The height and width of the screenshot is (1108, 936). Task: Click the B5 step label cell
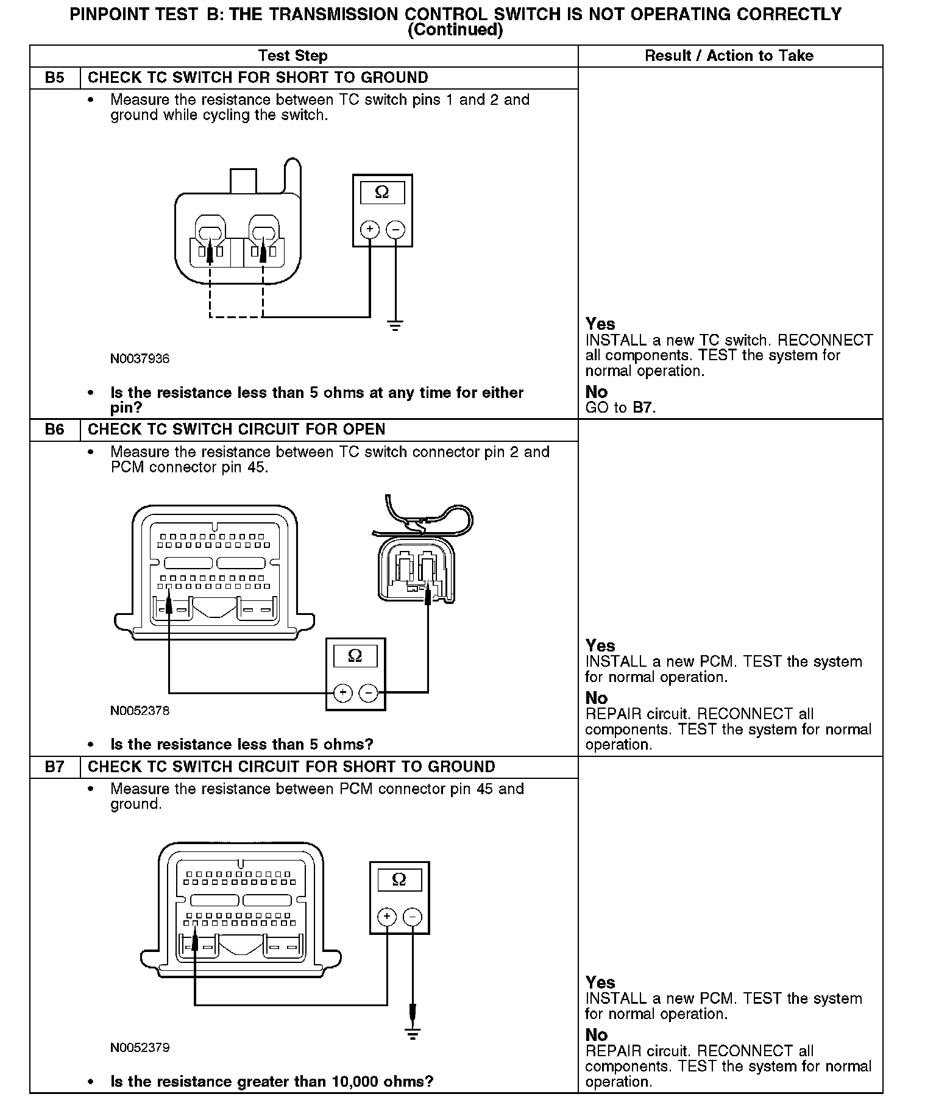point(55,78)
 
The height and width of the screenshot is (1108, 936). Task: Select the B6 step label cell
point(55,430)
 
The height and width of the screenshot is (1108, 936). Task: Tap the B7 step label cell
point(55,767)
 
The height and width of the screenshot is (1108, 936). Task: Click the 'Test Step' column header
point(292,56)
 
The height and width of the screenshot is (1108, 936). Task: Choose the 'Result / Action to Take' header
point(729,56)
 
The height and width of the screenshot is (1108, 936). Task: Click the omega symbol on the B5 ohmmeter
point(382,193)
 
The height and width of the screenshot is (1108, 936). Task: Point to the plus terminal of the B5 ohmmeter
point(370,230)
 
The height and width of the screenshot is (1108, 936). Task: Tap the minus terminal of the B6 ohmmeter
point(368,692)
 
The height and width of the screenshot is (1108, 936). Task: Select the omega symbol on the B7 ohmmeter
point(399,879)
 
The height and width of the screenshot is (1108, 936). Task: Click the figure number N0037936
point(140,359)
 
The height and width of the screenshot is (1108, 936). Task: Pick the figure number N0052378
point(140,711)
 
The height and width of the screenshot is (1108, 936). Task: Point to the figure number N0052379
point(140,1048)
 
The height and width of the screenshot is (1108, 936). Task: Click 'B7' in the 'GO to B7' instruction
point(643,408)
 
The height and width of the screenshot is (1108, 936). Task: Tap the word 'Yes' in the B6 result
point(600,645)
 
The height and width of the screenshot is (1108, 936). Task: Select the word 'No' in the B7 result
point(597,1035)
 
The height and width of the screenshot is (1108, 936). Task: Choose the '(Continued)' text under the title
point(455,30)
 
